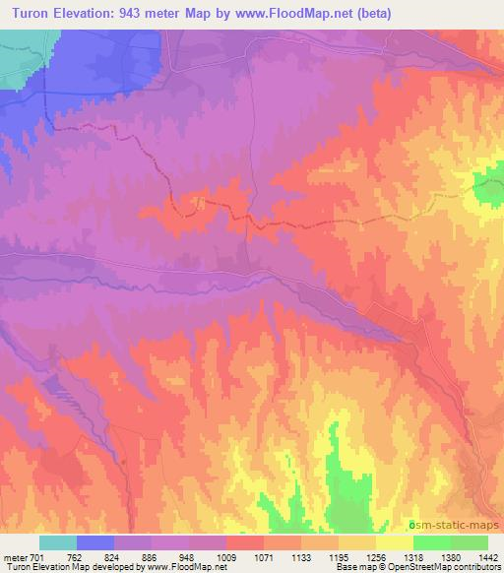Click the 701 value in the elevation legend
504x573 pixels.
click(x=35, y=557)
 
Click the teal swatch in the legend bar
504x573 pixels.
click(x=58, y=542)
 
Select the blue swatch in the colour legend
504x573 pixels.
click(x=95, y=542)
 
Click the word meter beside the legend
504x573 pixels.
click(x=15, y=557)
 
